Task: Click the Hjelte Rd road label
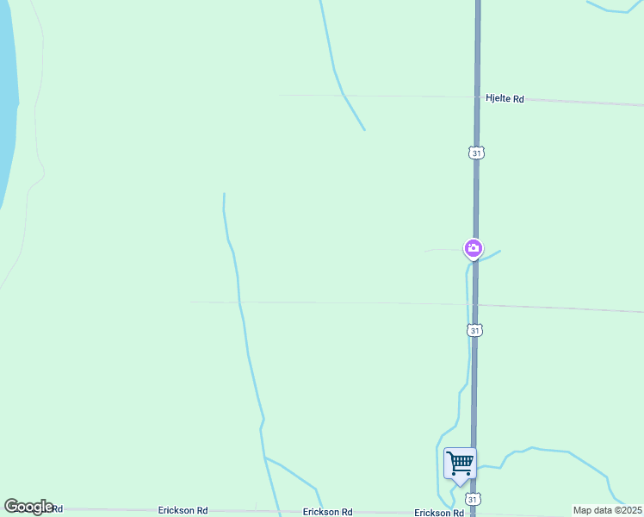pyautogui.click(x=505, y=99)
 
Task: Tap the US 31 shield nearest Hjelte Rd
pyautogui.click(x=477, y=153)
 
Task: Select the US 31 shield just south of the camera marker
pyautogui.click(x=474, y=330)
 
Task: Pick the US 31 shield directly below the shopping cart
pyautogui.click(x=473, y=499)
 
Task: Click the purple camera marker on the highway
pyautogui.click(x=473, y=249)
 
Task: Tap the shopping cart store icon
pyautogui.click(x=460, y=463)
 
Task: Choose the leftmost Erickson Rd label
pyautogui.click(x=183, y=511)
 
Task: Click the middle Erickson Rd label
pyautogui.click(x=327, y=512)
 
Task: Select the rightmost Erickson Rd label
pyautogui.click(x=439, y=513)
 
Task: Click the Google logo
pyautogui.click(x=28, y=507)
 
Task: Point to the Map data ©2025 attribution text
pyautogui.click(x=607, y=510)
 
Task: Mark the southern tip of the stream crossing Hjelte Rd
pyautogui.click(x=364, y=130)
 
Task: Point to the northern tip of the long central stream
pyautogui.click(x=224, y=194)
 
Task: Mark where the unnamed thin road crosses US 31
pyautogui.click(x=474, y=305)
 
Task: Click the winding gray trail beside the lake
pyautogui.click(x=35, y=129)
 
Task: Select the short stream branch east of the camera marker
pyautogui.click(x=492, y=254)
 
